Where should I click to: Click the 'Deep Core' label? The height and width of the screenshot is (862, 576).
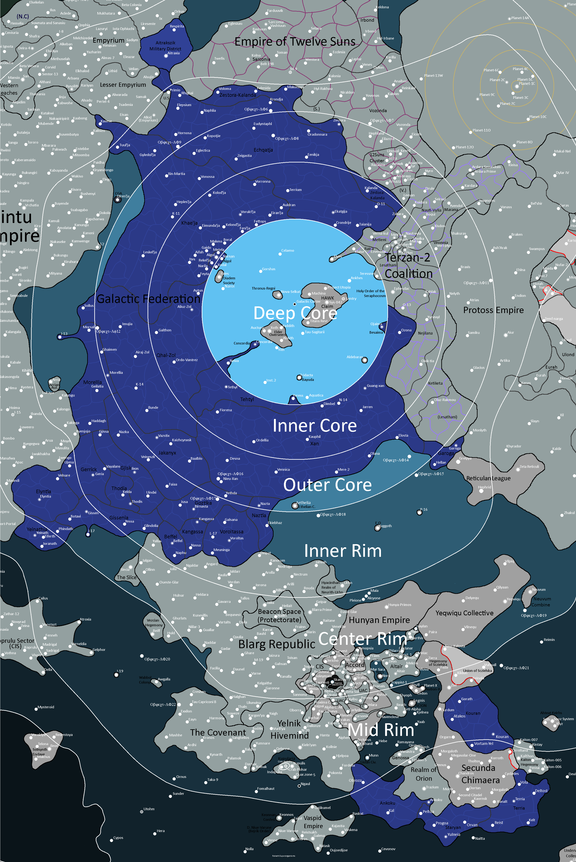click(295, 313)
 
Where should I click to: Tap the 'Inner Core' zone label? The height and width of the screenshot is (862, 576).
click(315, 426)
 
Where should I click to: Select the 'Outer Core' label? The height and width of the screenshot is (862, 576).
click(327, 485)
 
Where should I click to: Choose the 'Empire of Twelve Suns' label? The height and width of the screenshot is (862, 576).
click(295, 41)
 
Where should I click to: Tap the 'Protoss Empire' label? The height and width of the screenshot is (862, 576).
click(493, 310)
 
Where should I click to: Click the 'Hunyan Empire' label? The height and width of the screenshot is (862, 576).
click(379, 620)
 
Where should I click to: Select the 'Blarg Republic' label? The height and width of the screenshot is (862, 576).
click(277, 644)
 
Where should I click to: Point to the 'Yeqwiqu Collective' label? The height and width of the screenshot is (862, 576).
click(464, 613)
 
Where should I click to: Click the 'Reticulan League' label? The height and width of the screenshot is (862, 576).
click(488, 478)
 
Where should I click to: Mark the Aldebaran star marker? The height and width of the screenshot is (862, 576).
click(365, 360)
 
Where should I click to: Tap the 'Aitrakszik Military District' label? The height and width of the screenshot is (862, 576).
click(165, 46)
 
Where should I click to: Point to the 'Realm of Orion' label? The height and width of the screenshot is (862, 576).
click(424, 774)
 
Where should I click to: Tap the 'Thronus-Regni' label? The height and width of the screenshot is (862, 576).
click(263, 288)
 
